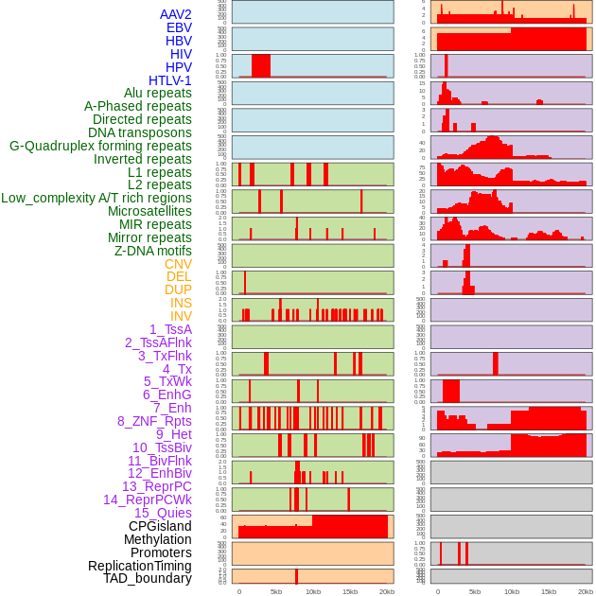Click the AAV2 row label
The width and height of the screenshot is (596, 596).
point(175,14)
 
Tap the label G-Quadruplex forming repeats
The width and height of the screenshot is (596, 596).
point(100,146)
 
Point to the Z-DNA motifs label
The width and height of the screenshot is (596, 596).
point(153,251)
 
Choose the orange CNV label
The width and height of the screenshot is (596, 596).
point(178,264)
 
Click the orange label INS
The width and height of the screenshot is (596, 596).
point(181,303)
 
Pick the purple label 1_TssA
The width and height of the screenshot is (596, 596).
point(170,329)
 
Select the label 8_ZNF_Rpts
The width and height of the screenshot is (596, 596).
point(154,421)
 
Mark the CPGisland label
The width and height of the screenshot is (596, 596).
point(160,526)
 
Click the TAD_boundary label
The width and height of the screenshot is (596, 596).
point(148,578)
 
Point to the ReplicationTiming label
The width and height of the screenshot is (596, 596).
point(139,566)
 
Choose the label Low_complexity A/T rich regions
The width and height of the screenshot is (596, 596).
point(96,198)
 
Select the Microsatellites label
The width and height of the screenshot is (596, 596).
point(149,211)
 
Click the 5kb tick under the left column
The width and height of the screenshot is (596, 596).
point(276,591)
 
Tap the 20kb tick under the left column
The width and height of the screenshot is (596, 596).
point(386,591)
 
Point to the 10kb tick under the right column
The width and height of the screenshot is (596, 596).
point(512,591)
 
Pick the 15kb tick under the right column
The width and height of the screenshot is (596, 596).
point(549,591)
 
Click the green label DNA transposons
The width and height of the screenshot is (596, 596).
point(140,132)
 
